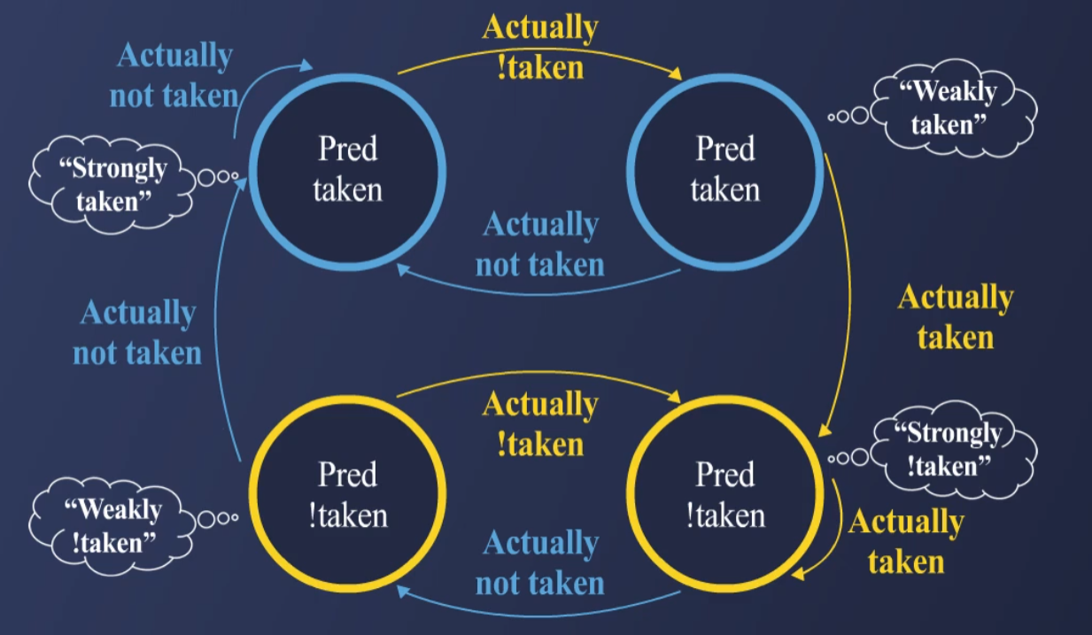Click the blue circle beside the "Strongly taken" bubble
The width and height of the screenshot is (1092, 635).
click(347, 171)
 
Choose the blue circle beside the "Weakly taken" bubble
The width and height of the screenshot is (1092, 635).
click(724, 171)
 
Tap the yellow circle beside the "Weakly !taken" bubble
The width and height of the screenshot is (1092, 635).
click(347, 494)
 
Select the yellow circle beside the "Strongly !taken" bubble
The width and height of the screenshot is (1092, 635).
click(724, 494)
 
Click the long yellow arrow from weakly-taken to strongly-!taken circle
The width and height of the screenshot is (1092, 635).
click(848, 292)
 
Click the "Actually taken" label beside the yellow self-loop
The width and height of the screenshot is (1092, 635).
click(906, 541)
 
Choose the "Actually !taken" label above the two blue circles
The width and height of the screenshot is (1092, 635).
click(540, 47)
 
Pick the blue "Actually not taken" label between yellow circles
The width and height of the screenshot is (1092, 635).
click(540, 563)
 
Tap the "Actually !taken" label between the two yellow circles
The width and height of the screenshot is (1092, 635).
click(540, 423)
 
